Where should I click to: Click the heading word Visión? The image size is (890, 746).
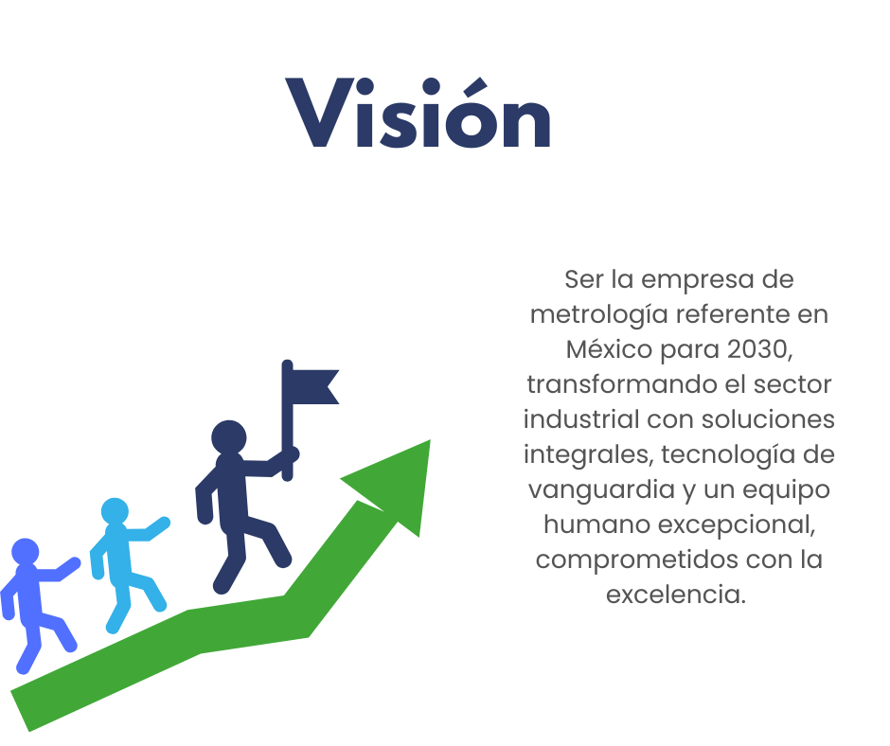coord(418,113)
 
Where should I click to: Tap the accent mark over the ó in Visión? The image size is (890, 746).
coord(475,87)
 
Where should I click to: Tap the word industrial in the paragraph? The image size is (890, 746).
coord(581,419)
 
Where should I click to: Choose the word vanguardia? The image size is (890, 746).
coord(601,489)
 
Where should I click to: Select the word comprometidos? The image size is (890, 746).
coord(637,560)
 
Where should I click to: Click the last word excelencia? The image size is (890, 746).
coord(675,595)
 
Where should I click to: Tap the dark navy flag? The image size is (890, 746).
coord(311,387)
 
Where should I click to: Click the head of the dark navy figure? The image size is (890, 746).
coord(229,437)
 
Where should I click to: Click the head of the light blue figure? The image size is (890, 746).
coord(115,511)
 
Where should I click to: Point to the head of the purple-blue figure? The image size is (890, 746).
coord(26,552)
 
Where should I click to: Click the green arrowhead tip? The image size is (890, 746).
coord(430,440)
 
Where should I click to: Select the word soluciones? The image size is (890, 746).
coord(768,419)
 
